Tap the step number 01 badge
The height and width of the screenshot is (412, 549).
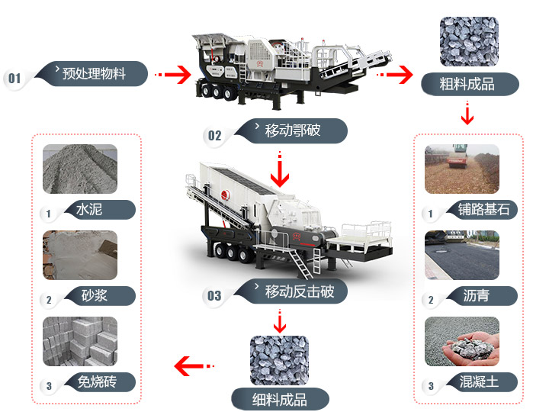pyautogui.click(x=14, y=79)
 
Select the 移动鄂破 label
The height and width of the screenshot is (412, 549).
pyautogui.click(x=293, y=130)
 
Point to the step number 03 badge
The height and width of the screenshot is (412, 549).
pyautogui.click(x=214, y=296)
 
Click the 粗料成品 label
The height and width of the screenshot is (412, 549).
pyautogui.click(x=467, y=84)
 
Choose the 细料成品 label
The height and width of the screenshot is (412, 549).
pyautogui.click(x=280, y=398)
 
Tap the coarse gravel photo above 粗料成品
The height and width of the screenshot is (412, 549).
pyautogui.click(x=468, y=42)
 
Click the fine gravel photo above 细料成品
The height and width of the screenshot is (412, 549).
pyautogui.click(x=279, y=359)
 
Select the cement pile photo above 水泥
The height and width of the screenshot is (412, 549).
pyautogui.click(x=80, y=169)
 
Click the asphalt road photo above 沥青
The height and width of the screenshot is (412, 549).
pyautogui.click(x=461, y=255)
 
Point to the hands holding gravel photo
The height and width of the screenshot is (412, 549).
pyautogui.click(x=461, y=341)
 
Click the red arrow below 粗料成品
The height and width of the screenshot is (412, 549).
pyautogui.click(x=467, y=114)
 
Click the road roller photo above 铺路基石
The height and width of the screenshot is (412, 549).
pyautogui.click(x=461, y=169)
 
